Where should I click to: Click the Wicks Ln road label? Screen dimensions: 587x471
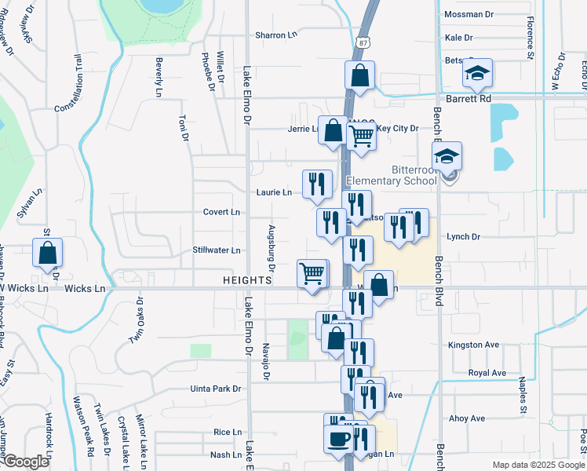click(85, 289)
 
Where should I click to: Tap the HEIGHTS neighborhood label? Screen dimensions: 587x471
click(246, 280)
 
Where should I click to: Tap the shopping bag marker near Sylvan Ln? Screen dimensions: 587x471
click(47, 254)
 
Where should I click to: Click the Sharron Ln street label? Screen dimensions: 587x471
click(277, 35)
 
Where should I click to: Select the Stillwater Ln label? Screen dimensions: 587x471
click(217, 251)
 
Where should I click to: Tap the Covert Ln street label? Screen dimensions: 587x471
click(221, 212)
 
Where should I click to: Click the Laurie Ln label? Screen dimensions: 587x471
click(273, 192)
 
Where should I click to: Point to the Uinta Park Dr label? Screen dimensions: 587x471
click(215, 389)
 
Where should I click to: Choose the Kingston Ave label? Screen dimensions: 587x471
click(473, 345)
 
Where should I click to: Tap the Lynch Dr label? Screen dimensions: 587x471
click(463, 236)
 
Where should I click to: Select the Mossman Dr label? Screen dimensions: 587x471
click(469, 15)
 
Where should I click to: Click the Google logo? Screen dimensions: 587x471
click(26, 462)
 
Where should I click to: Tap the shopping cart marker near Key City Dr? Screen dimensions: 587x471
click(361, 136)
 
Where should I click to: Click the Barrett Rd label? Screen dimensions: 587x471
click(469, 99)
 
